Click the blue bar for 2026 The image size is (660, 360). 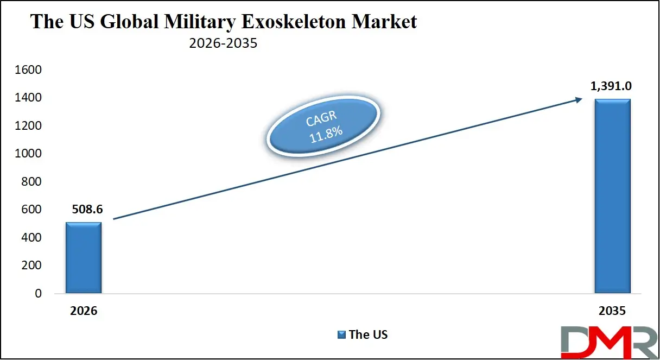click(x=83, y=258)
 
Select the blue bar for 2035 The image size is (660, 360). click(x=612, y=196)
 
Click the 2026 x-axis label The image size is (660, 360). click(x=83, y=311)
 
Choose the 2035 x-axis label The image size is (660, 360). click(x=612, y=311)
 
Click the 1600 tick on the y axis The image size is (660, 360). click(x=29, y=70)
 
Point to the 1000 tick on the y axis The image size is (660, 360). click(x=29, y=154)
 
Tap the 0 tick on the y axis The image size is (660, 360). click(x=38, y=294)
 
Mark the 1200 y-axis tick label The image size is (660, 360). click(x=29, y=126)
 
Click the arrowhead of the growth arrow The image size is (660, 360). click(x=579, y=99)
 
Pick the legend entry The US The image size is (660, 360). click(x=368, y=334)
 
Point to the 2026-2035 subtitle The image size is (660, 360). click(x=223, y=43)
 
